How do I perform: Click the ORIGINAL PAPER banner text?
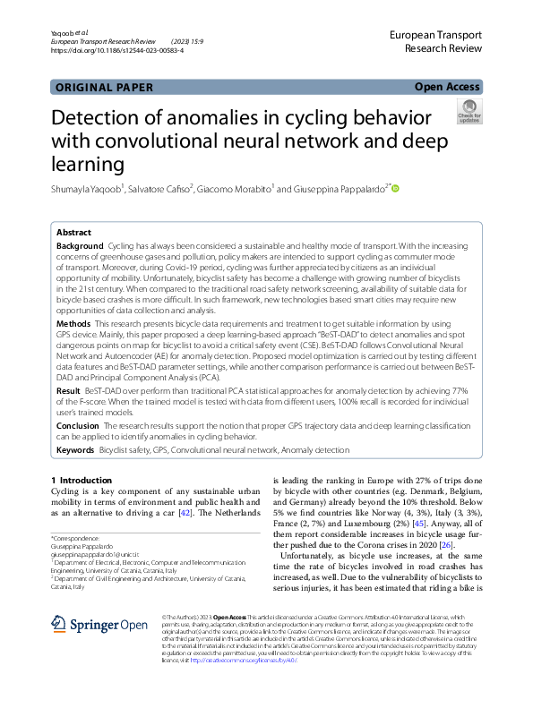105,88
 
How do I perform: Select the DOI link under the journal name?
117,51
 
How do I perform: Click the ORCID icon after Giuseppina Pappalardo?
394,189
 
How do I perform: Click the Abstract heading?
73,232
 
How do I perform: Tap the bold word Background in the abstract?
80,246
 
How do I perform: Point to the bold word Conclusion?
80,426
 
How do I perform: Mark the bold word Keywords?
75,449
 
